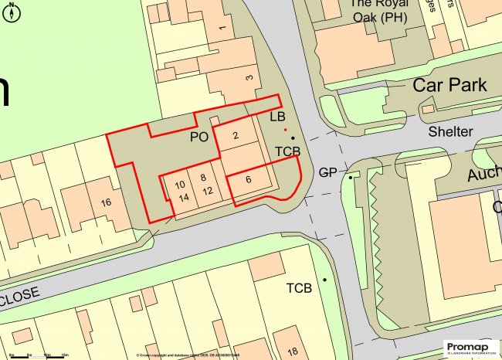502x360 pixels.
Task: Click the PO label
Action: tap(200, 137)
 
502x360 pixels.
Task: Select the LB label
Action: tap(278, 117)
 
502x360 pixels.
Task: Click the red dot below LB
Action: tap(285, 129)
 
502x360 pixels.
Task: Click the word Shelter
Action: tap(453, 132)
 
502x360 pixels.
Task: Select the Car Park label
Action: tap(449, 85)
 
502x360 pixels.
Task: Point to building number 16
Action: tap(106, 202)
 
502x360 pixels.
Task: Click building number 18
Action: tap(293, 352)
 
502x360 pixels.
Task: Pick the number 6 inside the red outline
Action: tap(248, 179)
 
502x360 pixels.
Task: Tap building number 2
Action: tap(236, 137)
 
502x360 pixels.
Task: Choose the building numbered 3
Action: tap(249, 78)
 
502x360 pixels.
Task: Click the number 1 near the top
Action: tap(222, 29)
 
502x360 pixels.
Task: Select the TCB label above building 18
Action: tap(299, 288)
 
